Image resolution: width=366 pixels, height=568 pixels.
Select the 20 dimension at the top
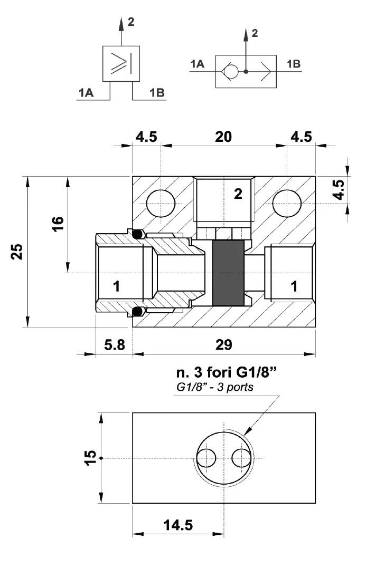[223, 137]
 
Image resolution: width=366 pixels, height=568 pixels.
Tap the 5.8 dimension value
[114, 345]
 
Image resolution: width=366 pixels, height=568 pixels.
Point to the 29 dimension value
[223, 345]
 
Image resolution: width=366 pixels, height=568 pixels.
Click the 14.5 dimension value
[177, 525]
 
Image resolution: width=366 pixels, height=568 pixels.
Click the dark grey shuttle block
[228, 273]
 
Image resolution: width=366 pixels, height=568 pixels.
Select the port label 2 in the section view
[238, 194]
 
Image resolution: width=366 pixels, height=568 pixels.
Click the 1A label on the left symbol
[86, 93]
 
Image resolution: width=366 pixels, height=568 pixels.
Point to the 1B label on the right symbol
[294, 64]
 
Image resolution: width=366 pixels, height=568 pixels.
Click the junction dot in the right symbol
[246, 70]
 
